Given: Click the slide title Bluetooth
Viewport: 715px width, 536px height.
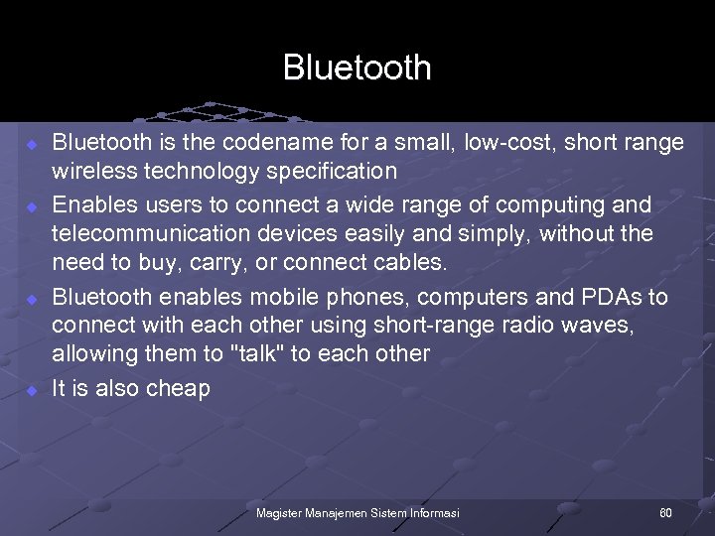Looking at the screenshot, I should (357, 67).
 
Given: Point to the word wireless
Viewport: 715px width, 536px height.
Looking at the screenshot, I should (94, 171).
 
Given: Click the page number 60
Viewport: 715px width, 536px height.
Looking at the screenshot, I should (665, 513).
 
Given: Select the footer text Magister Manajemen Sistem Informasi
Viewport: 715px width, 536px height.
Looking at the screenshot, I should (357, 513).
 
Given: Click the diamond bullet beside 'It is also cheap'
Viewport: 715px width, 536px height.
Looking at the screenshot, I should (31, 390).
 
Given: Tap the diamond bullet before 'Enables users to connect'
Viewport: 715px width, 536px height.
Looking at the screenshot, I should (31, 206).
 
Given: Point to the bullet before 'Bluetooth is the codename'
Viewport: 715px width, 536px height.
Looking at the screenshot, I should (31, 144).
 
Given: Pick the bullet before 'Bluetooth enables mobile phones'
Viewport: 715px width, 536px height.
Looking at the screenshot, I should (31, 299).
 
